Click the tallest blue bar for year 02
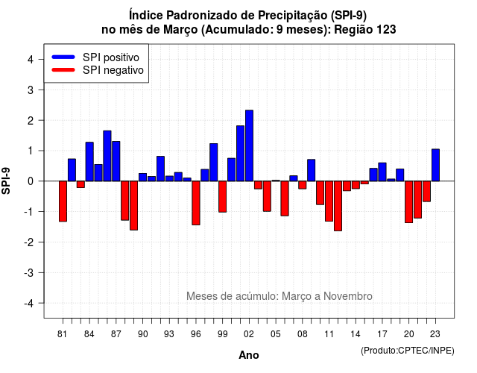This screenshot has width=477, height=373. pos(249,145)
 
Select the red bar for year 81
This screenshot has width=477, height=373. pos(63,201)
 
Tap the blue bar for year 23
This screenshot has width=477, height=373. pos(435,165)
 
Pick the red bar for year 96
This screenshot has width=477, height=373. pos(196,203)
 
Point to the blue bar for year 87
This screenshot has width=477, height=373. pos(116,161)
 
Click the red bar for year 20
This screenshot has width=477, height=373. pos(409,202)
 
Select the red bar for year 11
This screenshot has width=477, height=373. pos(329,201)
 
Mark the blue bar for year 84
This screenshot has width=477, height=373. pos(89,162)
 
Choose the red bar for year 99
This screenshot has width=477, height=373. pos(223,197)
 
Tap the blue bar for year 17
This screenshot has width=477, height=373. pos(382,172)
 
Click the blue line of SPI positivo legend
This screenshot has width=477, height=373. pos(63,57)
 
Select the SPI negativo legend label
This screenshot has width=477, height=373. pos(113,70)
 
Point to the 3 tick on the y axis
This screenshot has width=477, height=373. pos(42,90)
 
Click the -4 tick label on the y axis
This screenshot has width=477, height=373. pos(29,304)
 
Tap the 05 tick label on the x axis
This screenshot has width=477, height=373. pos(276,334)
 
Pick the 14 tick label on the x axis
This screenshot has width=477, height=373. pos(356,334)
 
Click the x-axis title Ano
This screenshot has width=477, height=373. pos(249,355)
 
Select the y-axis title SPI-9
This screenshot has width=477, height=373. pos(6,181)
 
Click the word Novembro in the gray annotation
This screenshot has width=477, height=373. pos(348,296)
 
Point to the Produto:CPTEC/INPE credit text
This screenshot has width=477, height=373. pos(408,351)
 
